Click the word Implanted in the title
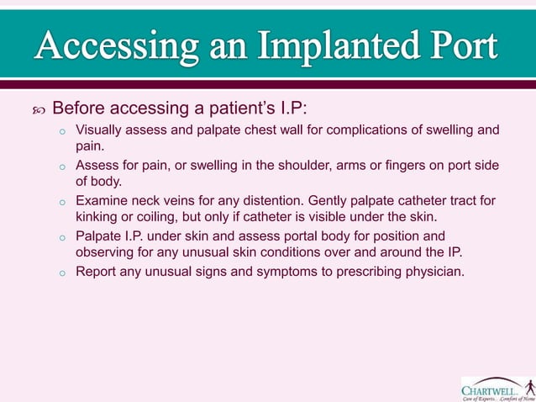click(x=333, y=47)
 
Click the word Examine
click(x=102, y=201)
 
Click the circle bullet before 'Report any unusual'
click(x=61, y=272)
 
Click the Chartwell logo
click(x=497, y=388)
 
